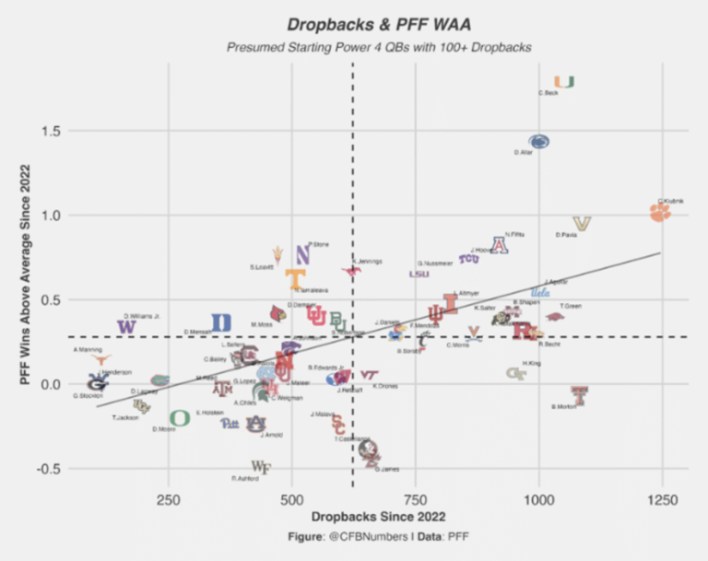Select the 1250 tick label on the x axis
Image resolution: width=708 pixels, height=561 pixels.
[x=661, y=500]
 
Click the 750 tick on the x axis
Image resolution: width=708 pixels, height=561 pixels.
[x=415, y=500]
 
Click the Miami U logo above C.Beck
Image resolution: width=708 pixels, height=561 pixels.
[x=564, y=82]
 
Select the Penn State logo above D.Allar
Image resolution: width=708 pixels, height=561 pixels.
[x=539, y=141]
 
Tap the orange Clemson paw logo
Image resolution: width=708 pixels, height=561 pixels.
[x=660, y=213]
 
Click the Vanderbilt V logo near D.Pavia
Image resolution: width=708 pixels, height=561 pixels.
[x=582, y=224]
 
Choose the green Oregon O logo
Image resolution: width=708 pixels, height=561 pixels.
[x=180, y=418]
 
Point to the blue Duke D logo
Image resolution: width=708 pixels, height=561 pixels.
[x=221, y=322]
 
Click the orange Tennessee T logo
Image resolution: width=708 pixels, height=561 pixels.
[x=295, y=278]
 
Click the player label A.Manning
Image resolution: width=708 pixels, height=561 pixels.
[x=88, y=350]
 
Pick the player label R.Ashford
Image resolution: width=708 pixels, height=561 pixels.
[x=245, y=478]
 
